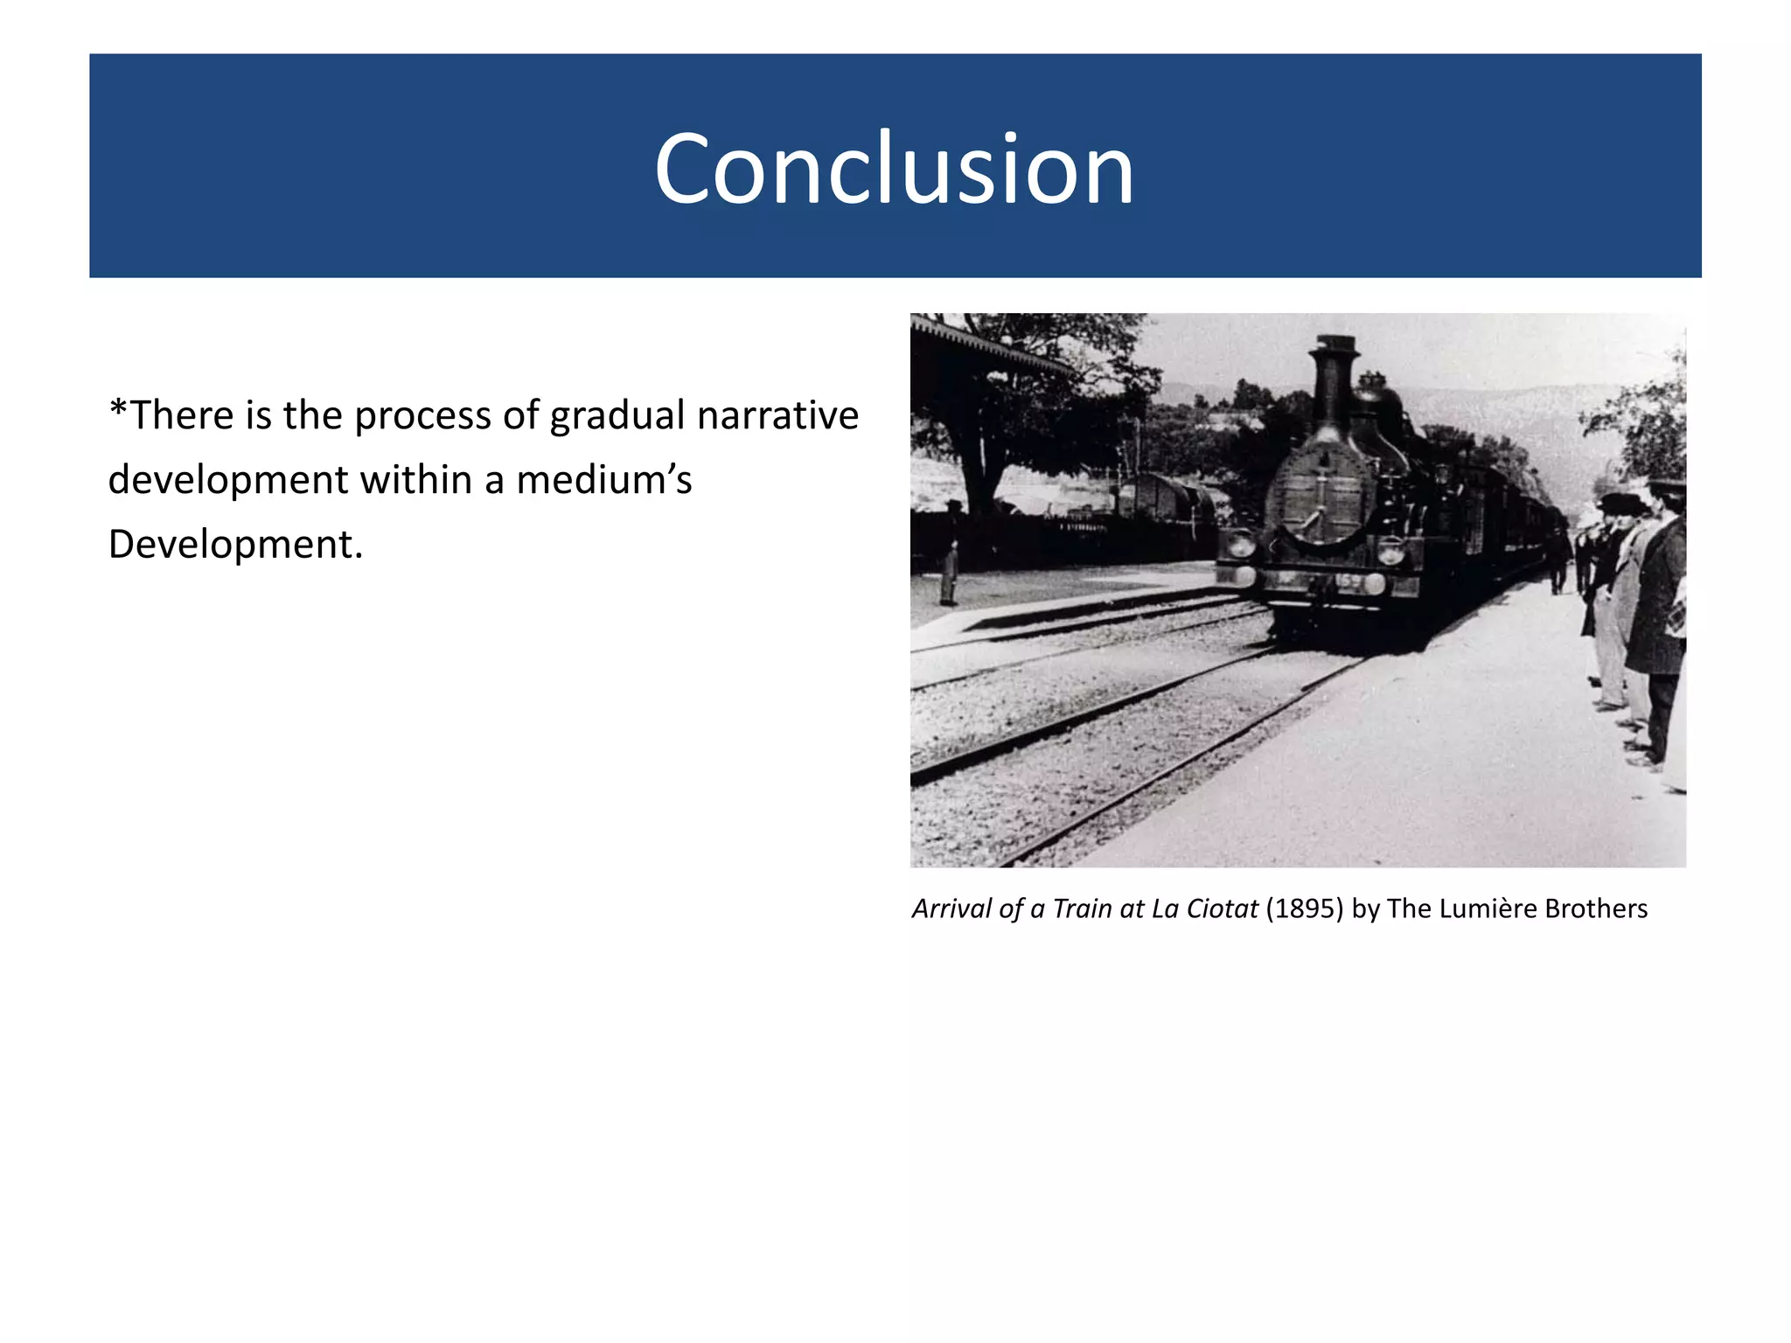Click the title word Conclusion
pyautogui.click(x=894, y=169)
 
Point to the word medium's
pyautogui.click(x=603, y=480)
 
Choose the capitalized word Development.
pyautogui.click(x=234, y=545)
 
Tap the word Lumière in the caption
pyautogui.click(x=1487, y=908)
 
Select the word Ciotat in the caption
pyautogui.click(x=1222, y=908)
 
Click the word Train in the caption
pyautogui.click(x=1081, y=908)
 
